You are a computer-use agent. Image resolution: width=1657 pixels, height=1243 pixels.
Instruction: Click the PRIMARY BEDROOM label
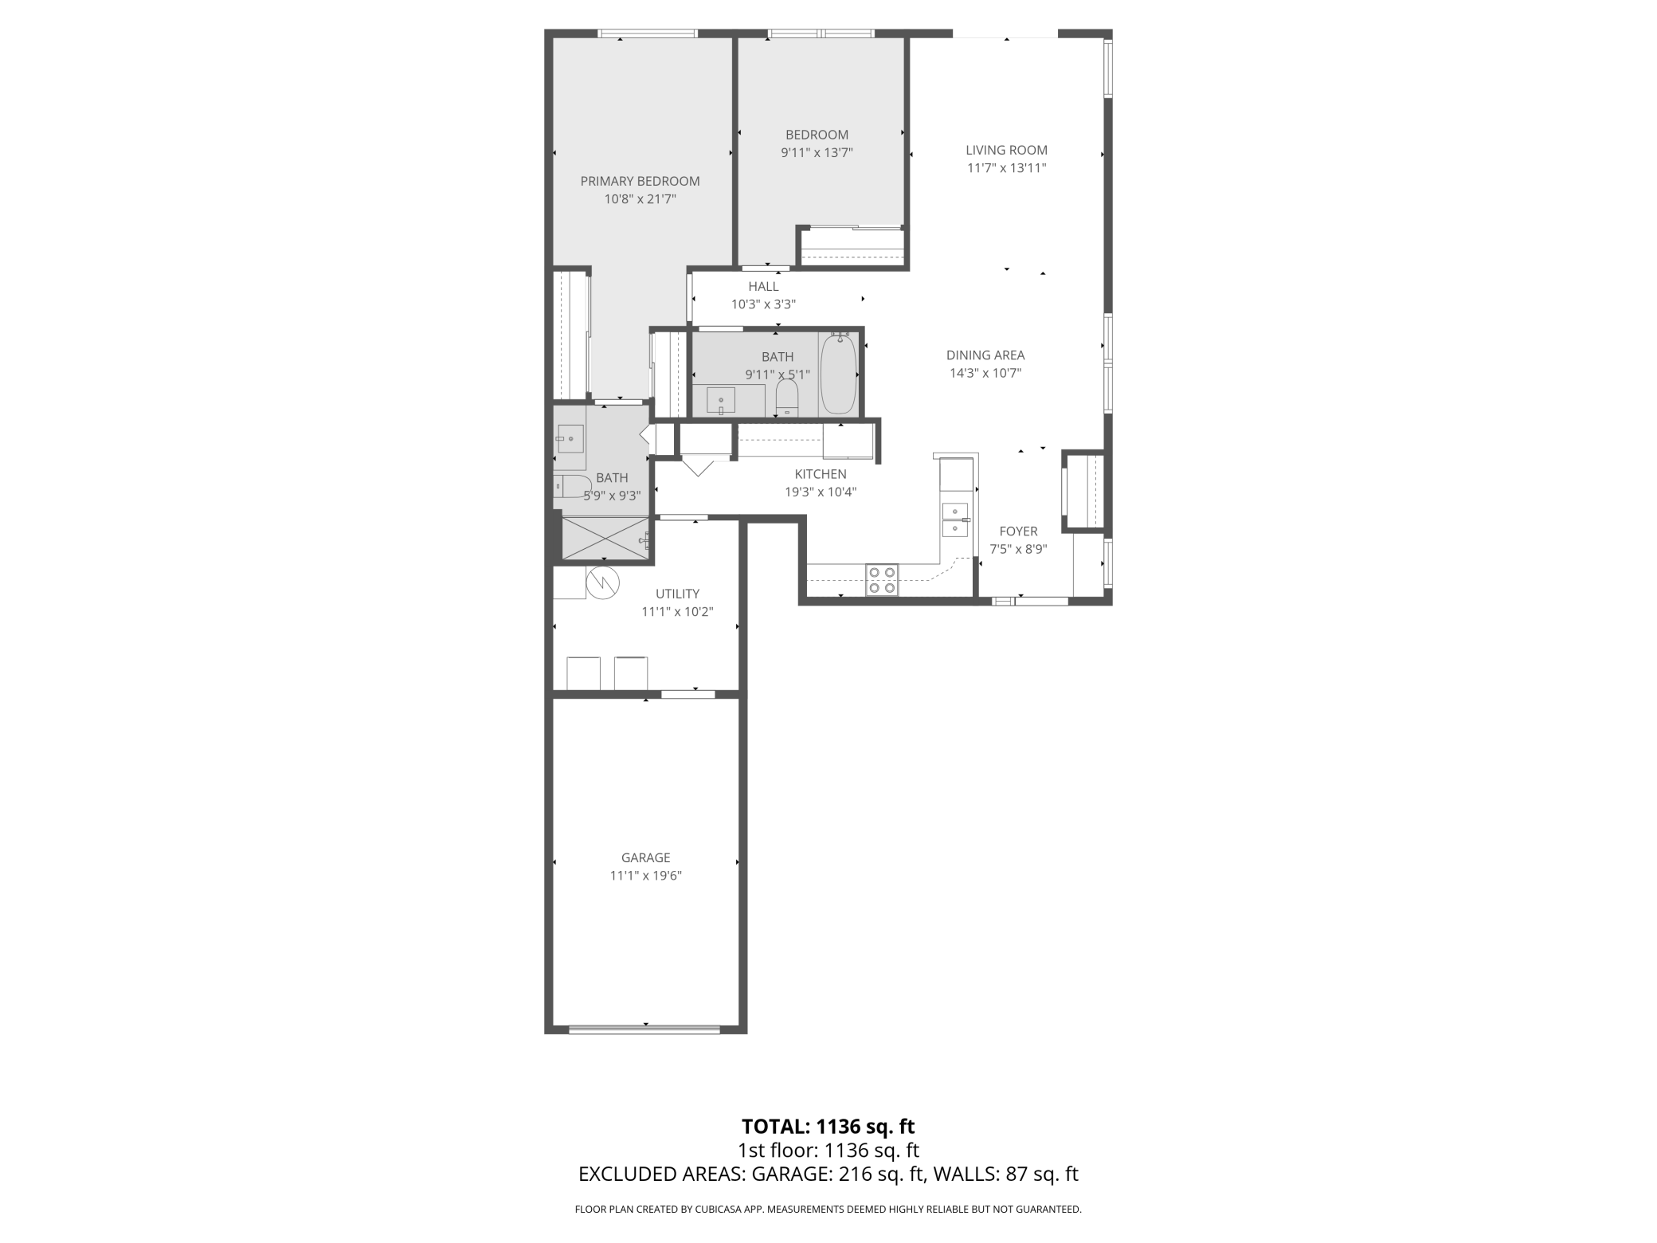coord(640,181)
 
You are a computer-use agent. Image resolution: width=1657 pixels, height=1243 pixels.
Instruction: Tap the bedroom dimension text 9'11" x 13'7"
coord(817,152)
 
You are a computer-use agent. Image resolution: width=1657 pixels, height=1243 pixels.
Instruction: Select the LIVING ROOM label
coord(1006,150)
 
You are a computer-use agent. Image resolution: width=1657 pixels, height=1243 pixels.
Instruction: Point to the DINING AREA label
coord(985,355)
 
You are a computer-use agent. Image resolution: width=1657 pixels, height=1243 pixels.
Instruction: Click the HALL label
coord(763,287)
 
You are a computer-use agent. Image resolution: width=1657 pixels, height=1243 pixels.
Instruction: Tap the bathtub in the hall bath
coord(838,374)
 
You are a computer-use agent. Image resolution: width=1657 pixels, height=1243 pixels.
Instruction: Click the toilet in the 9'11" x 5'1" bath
coord(787,397)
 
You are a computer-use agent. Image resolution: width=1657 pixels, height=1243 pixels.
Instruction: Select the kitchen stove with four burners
coord(882,579)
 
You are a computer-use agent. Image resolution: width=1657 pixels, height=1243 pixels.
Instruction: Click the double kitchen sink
coord(955,520)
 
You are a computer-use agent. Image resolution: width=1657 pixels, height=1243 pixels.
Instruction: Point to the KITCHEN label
coord(820,474)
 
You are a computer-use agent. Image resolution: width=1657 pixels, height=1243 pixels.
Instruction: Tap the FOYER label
coord(1018,531)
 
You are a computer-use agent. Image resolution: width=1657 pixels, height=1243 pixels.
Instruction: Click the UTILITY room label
coord(677,594)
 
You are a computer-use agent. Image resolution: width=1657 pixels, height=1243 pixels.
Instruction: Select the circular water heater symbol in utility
coord(603,582)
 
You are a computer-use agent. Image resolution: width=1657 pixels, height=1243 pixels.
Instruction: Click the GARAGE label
coord(645,857)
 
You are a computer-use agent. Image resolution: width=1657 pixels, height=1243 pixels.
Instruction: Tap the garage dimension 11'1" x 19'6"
coord(645,876)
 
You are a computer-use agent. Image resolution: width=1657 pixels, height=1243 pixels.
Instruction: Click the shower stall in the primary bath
coord(605,538)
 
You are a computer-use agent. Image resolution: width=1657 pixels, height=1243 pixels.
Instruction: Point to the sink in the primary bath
coord(570,439)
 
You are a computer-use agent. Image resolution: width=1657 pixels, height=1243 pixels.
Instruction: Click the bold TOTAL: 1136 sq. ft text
coord(828,1126)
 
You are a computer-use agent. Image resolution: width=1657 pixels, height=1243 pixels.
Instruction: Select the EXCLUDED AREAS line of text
coord(828,1174)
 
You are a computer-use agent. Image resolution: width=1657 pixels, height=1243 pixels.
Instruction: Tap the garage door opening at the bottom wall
coord(645,1029)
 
